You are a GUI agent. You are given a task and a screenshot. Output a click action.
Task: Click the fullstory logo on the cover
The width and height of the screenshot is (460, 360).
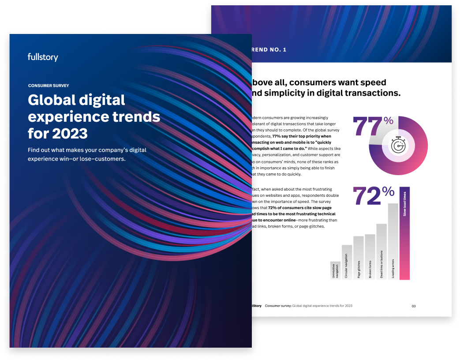[43, 57]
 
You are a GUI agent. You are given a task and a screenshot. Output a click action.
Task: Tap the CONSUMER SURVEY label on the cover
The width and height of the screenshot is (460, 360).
[49, 86]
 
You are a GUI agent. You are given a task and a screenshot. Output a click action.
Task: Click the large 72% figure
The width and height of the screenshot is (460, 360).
[373, 196]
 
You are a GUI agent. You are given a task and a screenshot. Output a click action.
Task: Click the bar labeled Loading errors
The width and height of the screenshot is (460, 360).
[393, 241]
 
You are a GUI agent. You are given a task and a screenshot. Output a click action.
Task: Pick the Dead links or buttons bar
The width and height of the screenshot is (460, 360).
[381, 251]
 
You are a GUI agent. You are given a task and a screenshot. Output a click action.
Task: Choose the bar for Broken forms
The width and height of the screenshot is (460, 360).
[370, 257]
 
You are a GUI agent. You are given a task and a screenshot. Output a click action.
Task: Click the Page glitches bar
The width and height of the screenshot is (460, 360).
[359, 258]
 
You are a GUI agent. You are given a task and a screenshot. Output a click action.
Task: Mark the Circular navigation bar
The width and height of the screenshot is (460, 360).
[347, 262]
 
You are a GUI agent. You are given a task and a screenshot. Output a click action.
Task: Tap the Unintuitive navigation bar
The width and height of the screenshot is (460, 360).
[335, 270]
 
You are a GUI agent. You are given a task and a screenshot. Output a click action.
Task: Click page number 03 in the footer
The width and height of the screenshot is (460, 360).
[414, 306]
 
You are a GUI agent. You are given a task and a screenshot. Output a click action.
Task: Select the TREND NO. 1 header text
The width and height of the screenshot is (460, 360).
[269, 50]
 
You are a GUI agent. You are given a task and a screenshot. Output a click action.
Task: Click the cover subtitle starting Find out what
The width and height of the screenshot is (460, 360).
[87, 154]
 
